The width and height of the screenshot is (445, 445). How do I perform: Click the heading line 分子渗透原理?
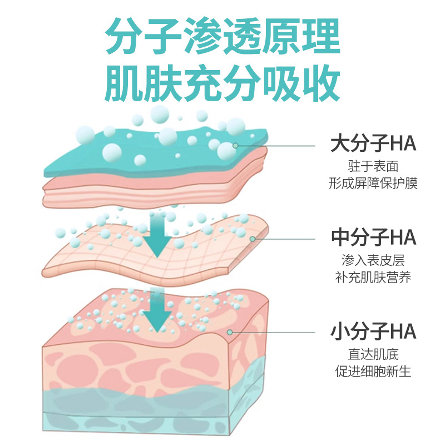pyautogui.click(x=222, y=38)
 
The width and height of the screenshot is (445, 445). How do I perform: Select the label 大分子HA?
pyautogui.click(x=373, y=145)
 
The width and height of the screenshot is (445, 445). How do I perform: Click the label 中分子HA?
pyautogui.click(x=373, y=238)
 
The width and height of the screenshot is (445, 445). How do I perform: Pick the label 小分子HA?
pyautogui.click(x=373, y=333)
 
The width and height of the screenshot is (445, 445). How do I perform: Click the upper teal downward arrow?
pyautogui.click(x=157, y=236)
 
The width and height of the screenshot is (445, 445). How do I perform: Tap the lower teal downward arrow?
pyautogui.click(x=157, y=314)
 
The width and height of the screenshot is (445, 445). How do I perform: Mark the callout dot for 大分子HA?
pyautogui.click(x=236, y=145)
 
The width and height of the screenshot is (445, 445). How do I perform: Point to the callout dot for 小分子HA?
pyautogui.click(x=230, y=333)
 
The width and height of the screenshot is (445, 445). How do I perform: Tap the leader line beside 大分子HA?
pyautogui.click(x=278, y=145)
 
